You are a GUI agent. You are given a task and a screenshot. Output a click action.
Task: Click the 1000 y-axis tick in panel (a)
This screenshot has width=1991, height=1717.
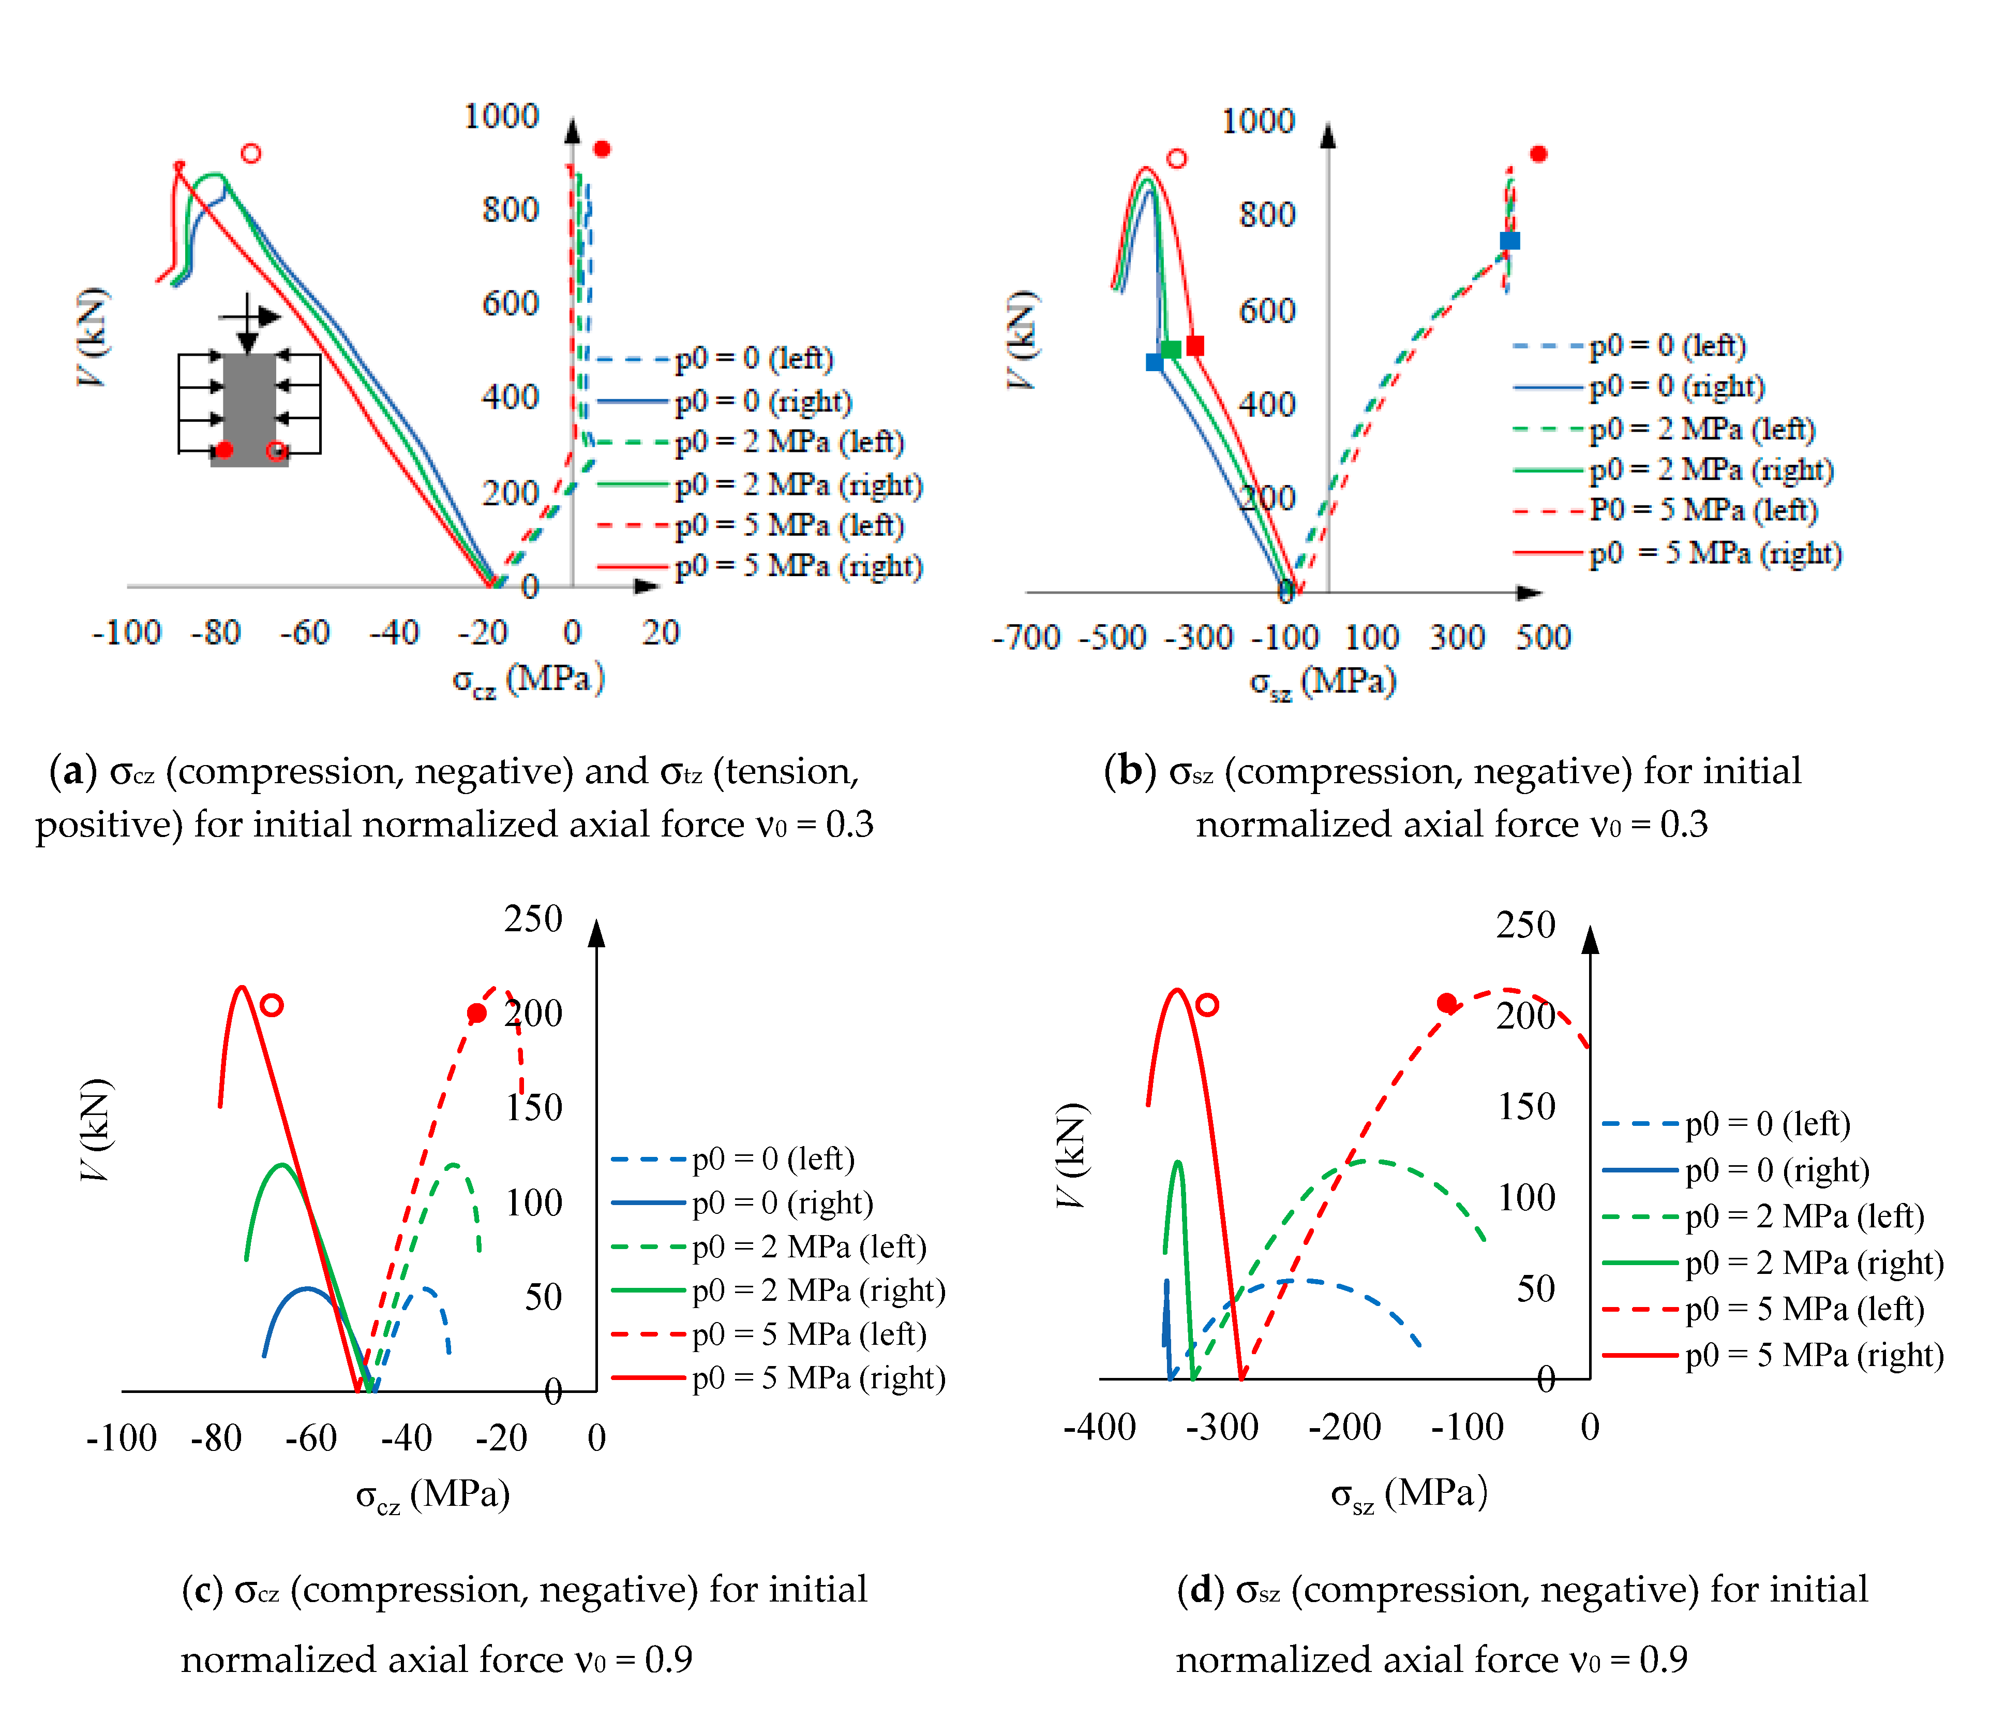pyautogui.click(x=501, y=116)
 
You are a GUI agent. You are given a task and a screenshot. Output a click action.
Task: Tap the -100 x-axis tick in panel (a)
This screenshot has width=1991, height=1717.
pyautogui.click(x=126, y=633)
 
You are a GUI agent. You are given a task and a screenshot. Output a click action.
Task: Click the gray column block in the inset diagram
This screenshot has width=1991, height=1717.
pyautogui.click(x=249, y=408)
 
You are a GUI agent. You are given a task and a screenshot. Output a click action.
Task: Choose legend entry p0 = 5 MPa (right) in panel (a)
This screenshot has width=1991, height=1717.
pyautogui.click(x=798, y=566)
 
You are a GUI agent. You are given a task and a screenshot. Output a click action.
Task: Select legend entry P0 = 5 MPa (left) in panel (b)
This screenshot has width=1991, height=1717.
pyautogui.click(x=1703, y=510)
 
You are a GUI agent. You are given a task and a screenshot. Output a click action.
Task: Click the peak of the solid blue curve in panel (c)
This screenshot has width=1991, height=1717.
pyautogui.click(x=307, y=1288)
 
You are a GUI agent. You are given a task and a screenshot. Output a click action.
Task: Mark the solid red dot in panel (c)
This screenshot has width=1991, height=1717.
pyautogui.click(x=476, y=1014)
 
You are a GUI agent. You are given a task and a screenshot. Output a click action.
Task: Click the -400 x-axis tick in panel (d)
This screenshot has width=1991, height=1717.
pyautogui.click(x=1099, y=1427)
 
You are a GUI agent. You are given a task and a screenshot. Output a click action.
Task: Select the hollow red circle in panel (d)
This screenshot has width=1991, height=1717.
pyautogui.click(x=1208, y=1005)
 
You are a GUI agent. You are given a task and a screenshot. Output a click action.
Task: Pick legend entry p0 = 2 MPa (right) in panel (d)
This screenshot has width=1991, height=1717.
pyautogui.click(x=1813, y=1263)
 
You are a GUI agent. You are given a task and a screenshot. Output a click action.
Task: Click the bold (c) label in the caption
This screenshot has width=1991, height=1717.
pyautogui.click(x=203, y=1590)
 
